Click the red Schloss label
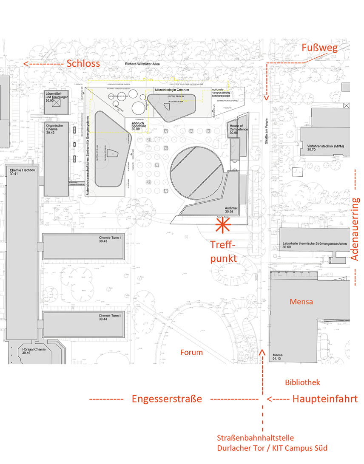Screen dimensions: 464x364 [83, 64]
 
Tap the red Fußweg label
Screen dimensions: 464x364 [319, 48]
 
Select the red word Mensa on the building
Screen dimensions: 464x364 [301, 302]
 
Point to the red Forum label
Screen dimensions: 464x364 [191, 352]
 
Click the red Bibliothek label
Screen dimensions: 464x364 [302, 382]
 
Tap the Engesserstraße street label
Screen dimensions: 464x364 [166, 399]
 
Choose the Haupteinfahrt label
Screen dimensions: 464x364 [324, 399]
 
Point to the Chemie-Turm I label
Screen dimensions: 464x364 [110, 239]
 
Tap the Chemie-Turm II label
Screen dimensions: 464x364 [110, 317]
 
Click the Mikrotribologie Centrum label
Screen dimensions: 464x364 [172, 91]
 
